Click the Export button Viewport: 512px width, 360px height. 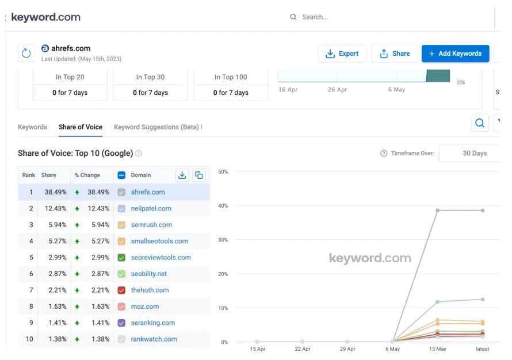pos(342,53)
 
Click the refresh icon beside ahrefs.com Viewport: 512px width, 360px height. pos(26,53)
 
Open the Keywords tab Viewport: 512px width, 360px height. pos(32,127)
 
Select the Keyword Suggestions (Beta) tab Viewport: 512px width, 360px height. pos(158,127)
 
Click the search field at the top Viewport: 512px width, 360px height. pos(345,17)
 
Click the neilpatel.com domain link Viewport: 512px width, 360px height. pos(151,209)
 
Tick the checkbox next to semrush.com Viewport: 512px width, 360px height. pos(121,225)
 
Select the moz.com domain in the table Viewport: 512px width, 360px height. pos(144,307)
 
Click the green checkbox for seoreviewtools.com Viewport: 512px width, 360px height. pos(121,258)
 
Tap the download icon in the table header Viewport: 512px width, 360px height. pos(182,175)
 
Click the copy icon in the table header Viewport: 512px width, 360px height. pos(198,175)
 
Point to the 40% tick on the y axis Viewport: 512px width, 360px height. pos(223,206)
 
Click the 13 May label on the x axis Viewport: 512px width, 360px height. pos(437,349)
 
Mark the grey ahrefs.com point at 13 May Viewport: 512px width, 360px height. pos(438,210)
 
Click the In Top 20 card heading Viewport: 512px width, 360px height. pos(70,77)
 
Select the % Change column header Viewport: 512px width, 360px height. pos(87,175)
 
